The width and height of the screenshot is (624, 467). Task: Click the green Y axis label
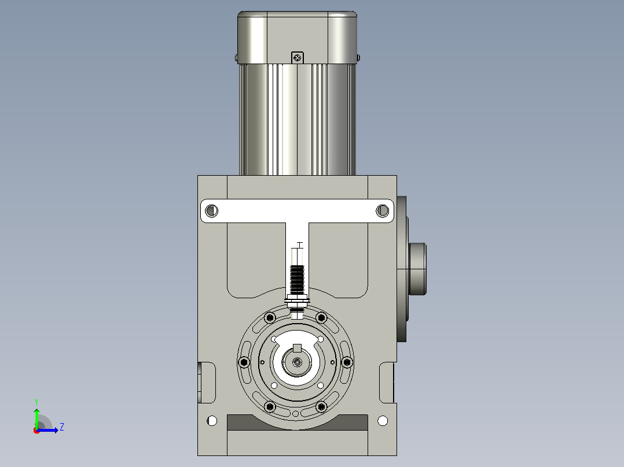click(36, 402)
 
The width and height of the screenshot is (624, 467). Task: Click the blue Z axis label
click(62, 427)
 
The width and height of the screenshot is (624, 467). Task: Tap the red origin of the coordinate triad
click(36, 431)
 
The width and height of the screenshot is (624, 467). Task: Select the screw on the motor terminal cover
click(298, 58)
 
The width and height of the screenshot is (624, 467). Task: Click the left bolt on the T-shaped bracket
click(211, 210)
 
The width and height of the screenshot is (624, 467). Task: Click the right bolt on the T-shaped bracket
click(383, 210)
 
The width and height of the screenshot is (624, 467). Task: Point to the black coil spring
click(298, 279)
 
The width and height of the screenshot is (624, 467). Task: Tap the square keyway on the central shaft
click(298, 348)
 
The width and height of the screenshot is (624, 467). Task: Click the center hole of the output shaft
click(298, 362)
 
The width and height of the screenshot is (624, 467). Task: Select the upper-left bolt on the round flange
click(270, 317)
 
